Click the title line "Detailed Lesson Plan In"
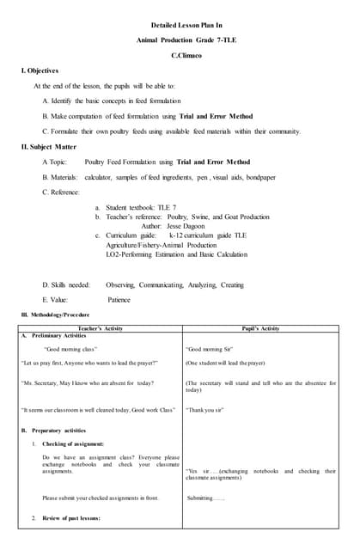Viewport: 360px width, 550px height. coord(180,26)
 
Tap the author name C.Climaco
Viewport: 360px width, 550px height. coord(180,55)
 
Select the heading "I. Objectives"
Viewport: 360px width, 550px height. coord(40,70)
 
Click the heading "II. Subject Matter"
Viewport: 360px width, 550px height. coord(50,147)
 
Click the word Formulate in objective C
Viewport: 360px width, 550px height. coord(73,131)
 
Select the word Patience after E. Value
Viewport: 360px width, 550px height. coord(119,300)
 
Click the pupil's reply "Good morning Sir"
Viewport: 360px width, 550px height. coord(210,350)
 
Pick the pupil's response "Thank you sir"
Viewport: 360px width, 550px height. coord(205,410)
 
